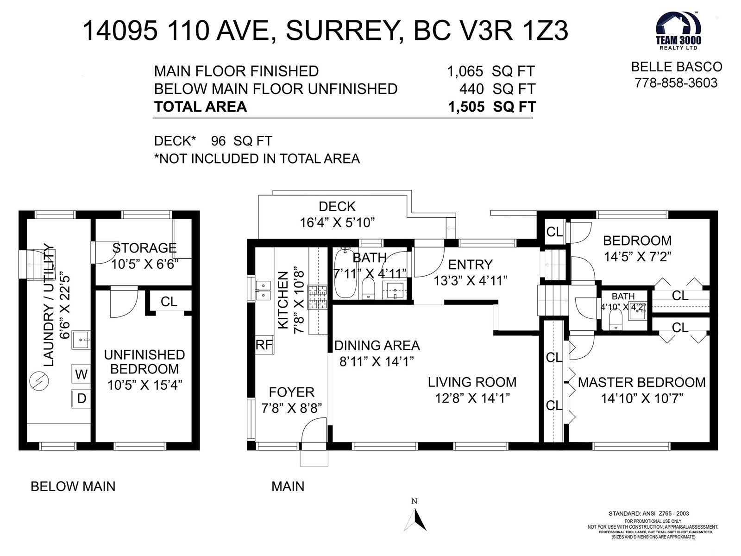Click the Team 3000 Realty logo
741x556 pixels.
coord(678,31)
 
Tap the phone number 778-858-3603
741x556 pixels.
coord(676,83)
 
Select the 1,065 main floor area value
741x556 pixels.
coord(465,71)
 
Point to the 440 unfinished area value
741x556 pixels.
coord(471,89)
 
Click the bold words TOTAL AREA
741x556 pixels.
coord(201,107)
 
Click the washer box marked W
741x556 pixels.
coord(81,374)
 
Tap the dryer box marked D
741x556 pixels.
coord(81,398)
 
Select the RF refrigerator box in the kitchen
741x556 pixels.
coord(264,345)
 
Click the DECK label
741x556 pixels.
coord(337,206)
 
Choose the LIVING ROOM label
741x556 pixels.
coord(472,382)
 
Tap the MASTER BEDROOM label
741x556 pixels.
coord(642,383)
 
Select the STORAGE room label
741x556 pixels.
coord(144,248)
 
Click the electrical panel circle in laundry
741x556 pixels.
coord(39,381)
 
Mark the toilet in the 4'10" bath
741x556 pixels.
coord(616,319)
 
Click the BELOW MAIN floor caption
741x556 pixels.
coord(73,486)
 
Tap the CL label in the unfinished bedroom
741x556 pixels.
coord(169,302)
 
